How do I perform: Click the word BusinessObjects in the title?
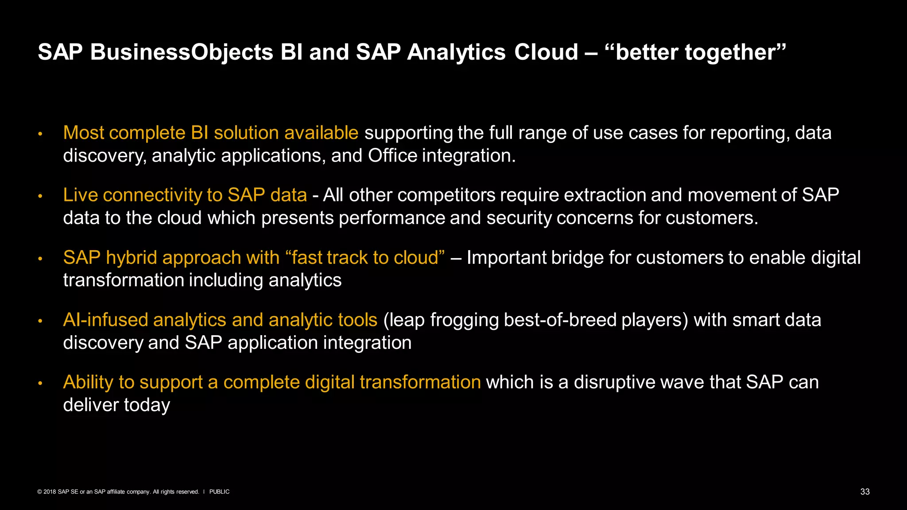click(x=182, y=52)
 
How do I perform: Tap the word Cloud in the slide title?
click(x=546, y=52)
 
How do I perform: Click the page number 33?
click(x=864, y=492)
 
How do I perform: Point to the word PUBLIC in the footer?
click(x=219, y=492)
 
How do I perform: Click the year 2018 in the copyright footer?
click(x=50, y=492)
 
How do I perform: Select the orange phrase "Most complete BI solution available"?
click(x=210, y=133)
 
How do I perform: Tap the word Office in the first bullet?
click(x=392, y=156)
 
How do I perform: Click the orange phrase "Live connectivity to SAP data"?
click(x=185, y=195)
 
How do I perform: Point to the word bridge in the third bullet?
click(x=577, y=258)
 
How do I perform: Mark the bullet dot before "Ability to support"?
click(x=40, y=383)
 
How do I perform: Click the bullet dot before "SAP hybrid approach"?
click(x=40, y=259)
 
